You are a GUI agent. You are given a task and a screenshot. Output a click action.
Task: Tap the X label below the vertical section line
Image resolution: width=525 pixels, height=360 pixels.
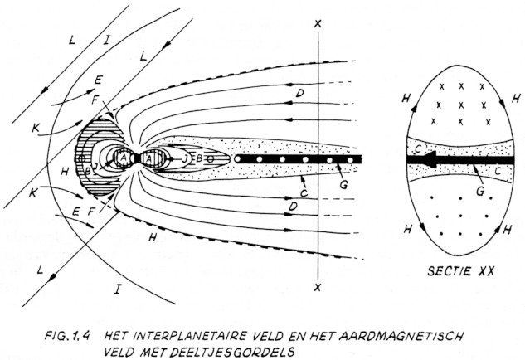(x=318, y=287)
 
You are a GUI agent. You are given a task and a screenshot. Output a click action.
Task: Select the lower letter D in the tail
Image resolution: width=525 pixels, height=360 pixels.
(x=293, y=205)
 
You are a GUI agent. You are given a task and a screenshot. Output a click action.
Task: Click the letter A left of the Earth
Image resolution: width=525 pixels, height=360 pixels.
(x=124, y=158)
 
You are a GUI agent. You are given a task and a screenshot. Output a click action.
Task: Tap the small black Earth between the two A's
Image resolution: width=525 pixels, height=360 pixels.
(x=136, y=158)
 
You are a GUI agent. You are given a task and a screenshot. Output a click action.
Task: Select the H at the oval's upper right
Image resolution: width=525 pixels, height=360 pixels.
(x=516, y=99)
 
